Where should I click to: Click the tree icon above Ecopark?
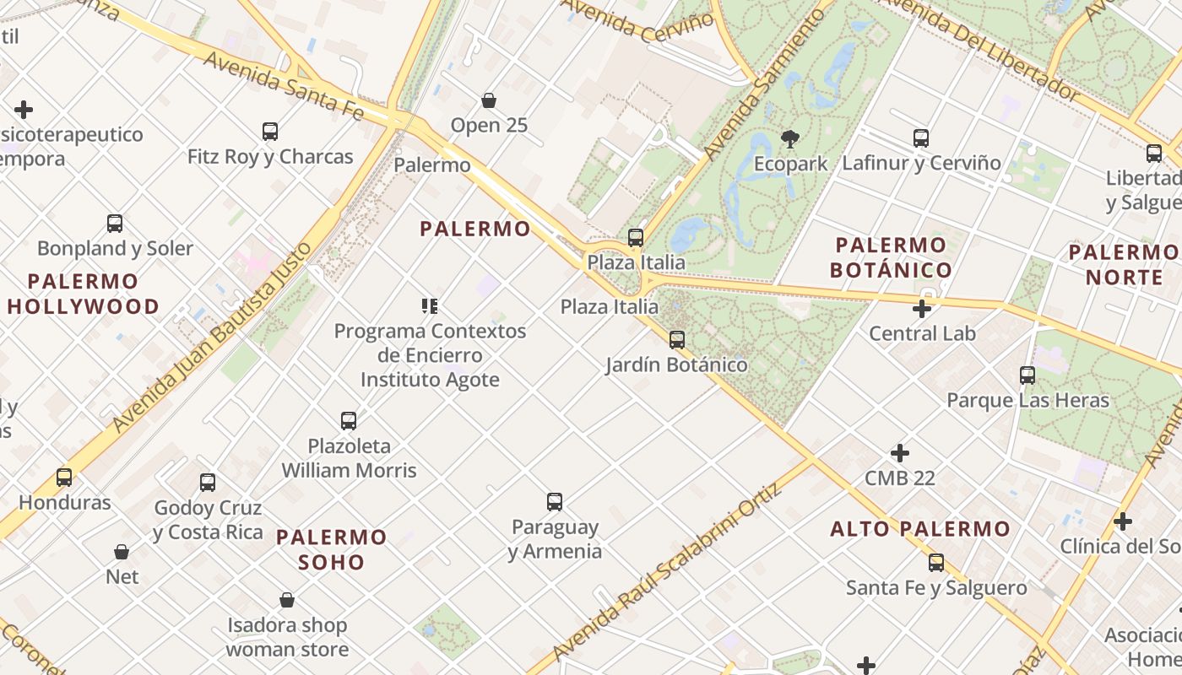click(x=790, y=138)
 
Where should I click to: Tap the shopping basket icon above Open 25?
click(x=489, y=101)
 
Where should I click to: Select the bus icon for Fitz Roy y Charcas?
click(x=270, y=132)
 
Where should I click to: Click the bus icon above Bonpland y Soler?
click(x=115, y=224)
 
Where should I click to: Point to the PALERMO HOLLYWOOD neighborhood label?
click(x=83, y=294)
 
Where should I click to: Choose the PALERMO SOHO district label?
click(x=332, y=549)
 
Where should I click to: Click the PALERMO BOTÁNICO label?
click(x=891, y=257)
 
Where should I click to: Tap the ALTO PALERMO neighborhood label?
click(x=920, y=529)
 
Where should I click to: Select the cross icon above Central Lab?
click(x=922, y=309)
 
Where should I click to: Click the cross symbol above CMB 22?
click(x=900, y=453)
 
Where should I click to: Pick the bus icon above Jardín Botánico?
click(x=677, y=340)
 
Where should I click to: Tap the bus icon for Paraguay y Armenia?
click(x=555, y=502)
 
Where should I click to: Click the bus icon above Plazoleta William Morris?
click(x=349, y=420)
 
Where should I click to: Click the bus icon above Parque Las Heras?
click(x=1027, y=375)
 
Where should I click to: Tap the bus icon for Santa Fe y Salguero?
click(x=936, y=563)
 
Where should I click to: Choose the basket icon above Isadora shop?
click(x=287, y=601)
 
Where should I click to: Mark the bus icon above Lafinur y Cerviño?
click(x=921, y=138)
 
